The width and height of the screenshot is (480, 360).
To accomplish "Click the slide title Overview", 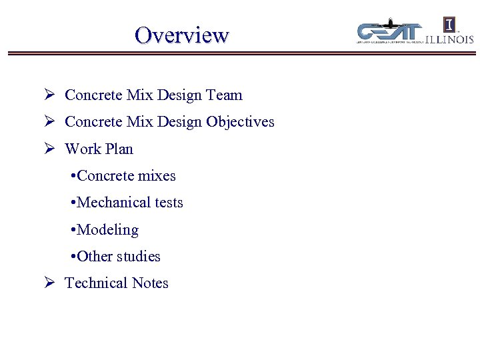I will point(181,35).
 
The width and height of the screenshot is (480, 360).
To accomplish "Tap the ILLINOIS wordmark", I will point(450,39).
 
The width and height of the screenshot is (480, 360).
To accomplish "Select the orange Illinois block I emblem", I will point(450,25).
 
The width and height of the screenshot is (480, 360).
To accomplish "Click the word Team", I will point(225,95).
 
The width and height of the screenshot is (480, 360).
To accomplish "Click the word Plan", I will point(117,149).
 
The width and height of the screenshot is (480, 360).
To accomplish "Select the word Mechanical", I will point(110,203).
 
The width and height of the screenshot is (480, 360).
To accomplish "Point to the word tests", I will point(168,203).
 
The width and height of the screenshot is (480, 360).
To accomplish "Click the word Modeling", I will point(108,230).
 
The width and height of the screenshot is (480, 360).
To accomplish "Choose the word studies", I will point(139,257).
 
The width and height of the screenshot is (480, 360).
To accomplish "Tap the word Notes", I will point(150,283).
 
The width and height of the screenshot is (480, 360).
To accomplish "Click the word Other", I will point(95,257).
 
